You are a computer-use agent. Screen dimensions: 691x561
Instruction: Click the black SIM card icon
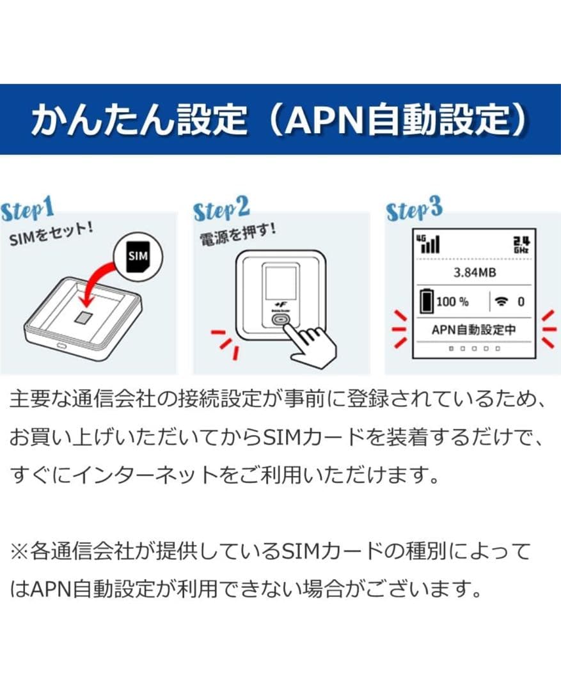tap(137, 257)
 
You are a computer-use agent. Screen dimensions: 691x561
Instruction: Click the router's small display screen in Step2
tap(281, 286)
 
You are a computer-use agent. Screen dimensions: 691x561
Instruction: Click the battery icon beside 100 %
tap(426, 301)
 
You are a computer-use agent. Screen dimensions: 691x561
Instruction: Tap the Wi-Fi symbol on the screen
tap(502, 301)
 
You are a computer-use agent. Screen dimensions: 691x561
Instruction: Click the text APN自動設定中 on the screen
tap(473, 330)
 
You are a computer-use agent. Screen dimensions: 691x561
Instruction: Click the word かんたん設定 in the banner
tap(138, 120)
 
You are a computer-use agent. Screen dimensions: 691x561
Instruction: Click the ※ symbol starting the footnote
tap(19, 551)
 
